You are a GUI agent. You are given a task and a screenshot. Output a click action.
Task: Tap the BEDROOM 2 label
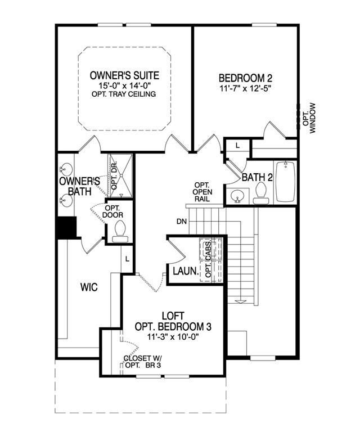tap(242, 78)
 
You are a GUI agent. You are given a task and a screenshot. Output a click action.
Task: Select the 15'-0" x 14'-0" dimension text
tap(123, 85)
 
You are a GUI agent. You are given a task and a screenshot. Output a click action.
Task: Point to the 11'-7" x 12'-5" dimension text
tap(242, 88)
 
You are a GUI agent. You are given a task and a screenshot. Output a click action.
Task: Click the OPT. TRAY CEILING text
tap(123, 94)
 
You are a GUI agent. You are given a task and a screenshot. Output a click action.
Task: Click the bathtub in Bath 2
tap(287, 181)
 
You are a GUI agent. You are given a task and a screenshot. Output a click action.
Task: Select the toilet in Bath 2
tap(260, 193)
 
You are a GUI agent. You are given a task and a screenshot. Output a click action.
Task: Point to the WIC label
tap(89, 288)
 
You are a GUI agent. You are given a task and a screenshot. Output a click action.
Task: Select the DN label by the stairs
tap(182, 222)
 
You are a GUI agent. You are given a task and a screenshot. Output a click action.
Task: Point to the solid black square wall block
tap(66, 228)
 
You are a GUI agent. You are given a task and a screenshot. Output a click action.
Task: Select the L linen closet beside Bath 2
tap(238, 145)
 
